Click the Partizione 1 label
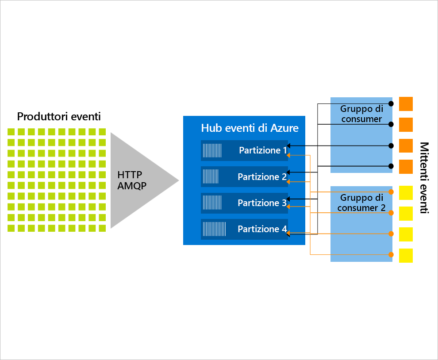coord(263,150)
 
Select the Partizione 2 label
coord(262,177)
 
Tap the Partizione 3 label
coord(262,203)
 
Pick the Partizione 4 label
coord(262,229)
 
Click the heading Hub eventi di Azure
coord(250,128)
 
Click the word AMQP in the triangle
coord(131,186)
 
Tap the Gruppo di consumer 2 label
coord(361,203)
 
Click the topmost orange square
coord(406,104)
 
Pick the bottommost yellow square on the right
coord(406,255)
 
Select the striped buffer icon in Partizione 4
coord(214,229)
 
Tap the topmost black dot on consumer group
coord(391,103)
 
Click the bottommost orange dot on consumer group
coord(391,254)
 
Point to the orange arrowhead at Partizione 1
coord(288,155)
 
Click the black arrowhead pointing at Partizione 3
coord(288,199)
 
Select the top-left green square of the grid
coord(11,132)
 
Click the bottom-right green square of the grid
coord(102,228)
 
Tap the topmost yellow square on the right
coord(406,192)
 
